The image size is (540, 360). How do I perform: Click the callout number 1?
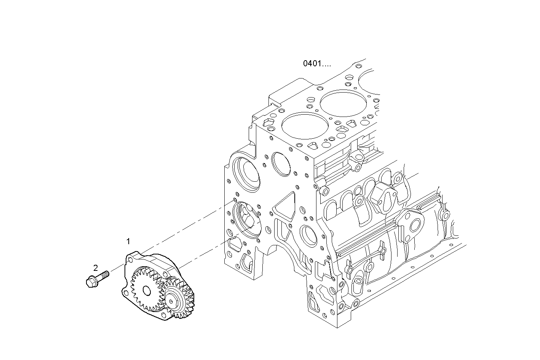[x=128, y=241]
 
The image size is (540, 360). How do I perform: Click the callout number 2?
[x=96, y=267]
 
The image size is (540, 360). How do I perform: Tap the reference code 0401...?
[x=317, y=64]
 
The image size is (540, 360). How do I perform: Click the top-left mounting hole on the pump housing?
[x=131, y=259]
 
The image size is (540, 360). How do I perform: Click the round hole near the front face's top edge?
[x=280, y=164]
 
